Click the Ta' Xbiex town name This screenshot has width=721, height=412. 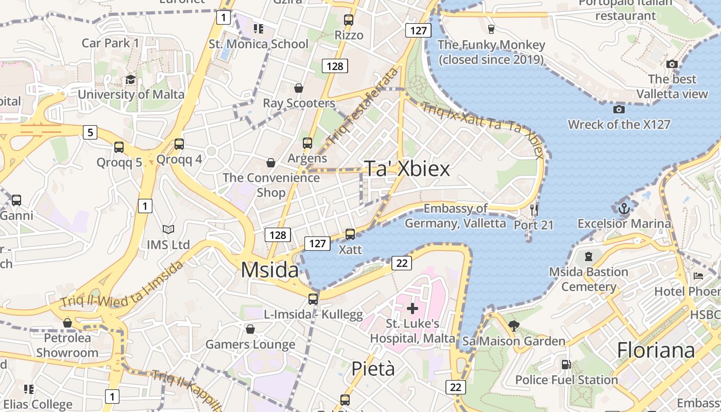coord(407,168)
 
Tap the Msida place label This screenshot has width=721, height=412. coord(269,270)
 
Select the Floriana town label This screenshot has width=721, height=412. coord(656,350)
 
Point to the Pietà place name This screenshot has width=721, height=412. coord(373,369)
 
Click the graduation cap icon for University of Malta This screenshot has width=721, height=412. coord(131,80)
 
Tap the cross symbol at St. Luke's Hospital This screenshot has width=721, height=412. coord(412,308)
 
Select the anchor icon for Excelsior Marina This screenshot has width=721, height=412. coord(624,209)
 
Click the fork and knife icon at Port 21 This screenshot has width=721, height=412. coord(534,210)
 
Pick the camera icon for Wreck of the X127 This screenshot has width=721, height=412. coord(619,109)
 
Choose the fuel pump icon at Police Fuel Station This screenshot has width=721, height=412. coord(566,365)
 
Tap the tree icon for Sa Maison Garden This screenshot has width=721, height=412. coord(513,325)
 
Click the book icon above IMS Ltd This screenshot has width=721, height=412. coord(168,229)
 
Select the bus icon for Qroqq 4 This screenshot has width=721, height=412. coord(179,144)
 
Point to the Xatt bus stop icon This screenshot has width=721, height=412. coord(350,234)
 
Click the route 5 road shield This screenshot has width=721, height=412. coord(90,132)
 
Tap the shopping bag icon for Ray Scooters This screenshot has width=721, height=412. coord(299,88)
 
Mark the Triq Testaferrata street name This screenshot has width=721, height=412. coord(363,106)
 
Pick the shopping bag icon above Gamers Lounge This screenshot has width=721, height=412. coord(250,329)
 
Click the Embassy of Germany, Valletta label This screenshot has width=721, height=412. coord(455,216)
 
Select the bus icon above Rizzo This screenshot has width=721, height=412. coord(349,20)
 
